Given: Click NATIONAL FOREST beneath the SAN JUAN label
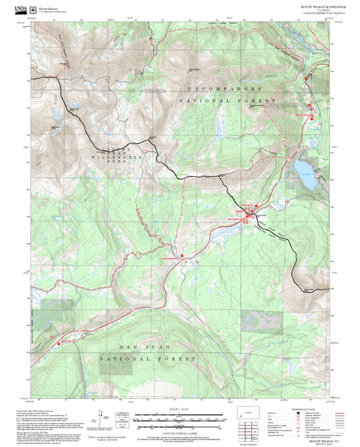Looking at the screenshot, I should point(148,359).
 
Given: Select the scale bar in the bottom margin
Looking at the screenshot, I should point(179,417).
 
